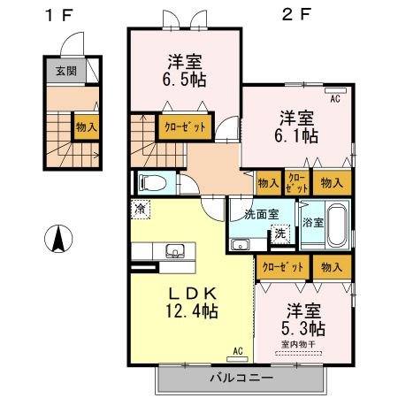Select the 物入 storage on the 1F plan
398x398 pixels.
[x=86, y=126]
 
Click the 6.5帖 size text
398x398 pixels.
[x=185, y=77]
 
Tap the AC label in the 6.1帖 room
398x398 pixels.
[x=335, y=99]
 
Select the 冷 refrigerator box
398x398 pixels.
[x=141, y=210]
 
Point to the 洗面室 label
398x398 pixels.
[x=262, y=213]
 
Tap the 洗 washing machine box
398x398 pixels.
[x=279, y=234]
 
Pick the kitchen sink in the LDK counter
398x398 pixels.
[x=173, y=250]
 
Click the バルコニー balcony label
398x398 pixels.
[x=240, y=378]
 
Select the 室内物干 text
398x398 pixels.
[x=299, y=344]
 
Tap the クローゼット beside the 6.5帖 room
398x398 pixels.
[x=185, y=126]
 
